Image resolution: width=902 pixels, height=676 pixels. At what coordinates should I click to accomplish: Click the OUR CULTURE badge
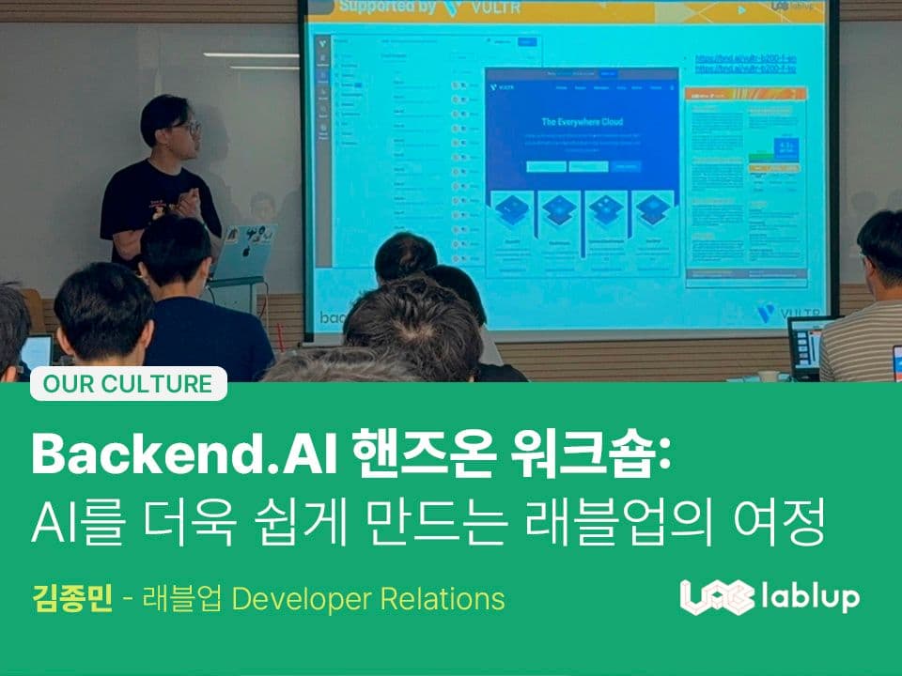(x=128, y=384)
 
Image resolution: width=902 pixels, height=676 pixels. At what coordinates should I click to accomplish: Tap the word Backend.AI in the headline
(x=179, y=455)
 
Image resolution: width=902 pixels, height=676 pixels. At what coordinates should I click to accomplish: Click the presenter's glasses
(x=188, y=127)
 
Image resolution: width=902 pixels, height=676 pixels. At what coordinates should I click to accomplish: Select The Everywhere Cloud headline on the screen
(x=582, y=122)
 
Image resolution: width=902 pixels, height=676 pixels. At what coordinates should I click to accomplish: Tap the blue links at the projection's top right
(x=745, y=63)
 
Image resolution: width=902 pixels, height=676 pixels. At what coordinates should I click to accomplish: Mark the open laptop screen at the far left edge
(x=36, y=352)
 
